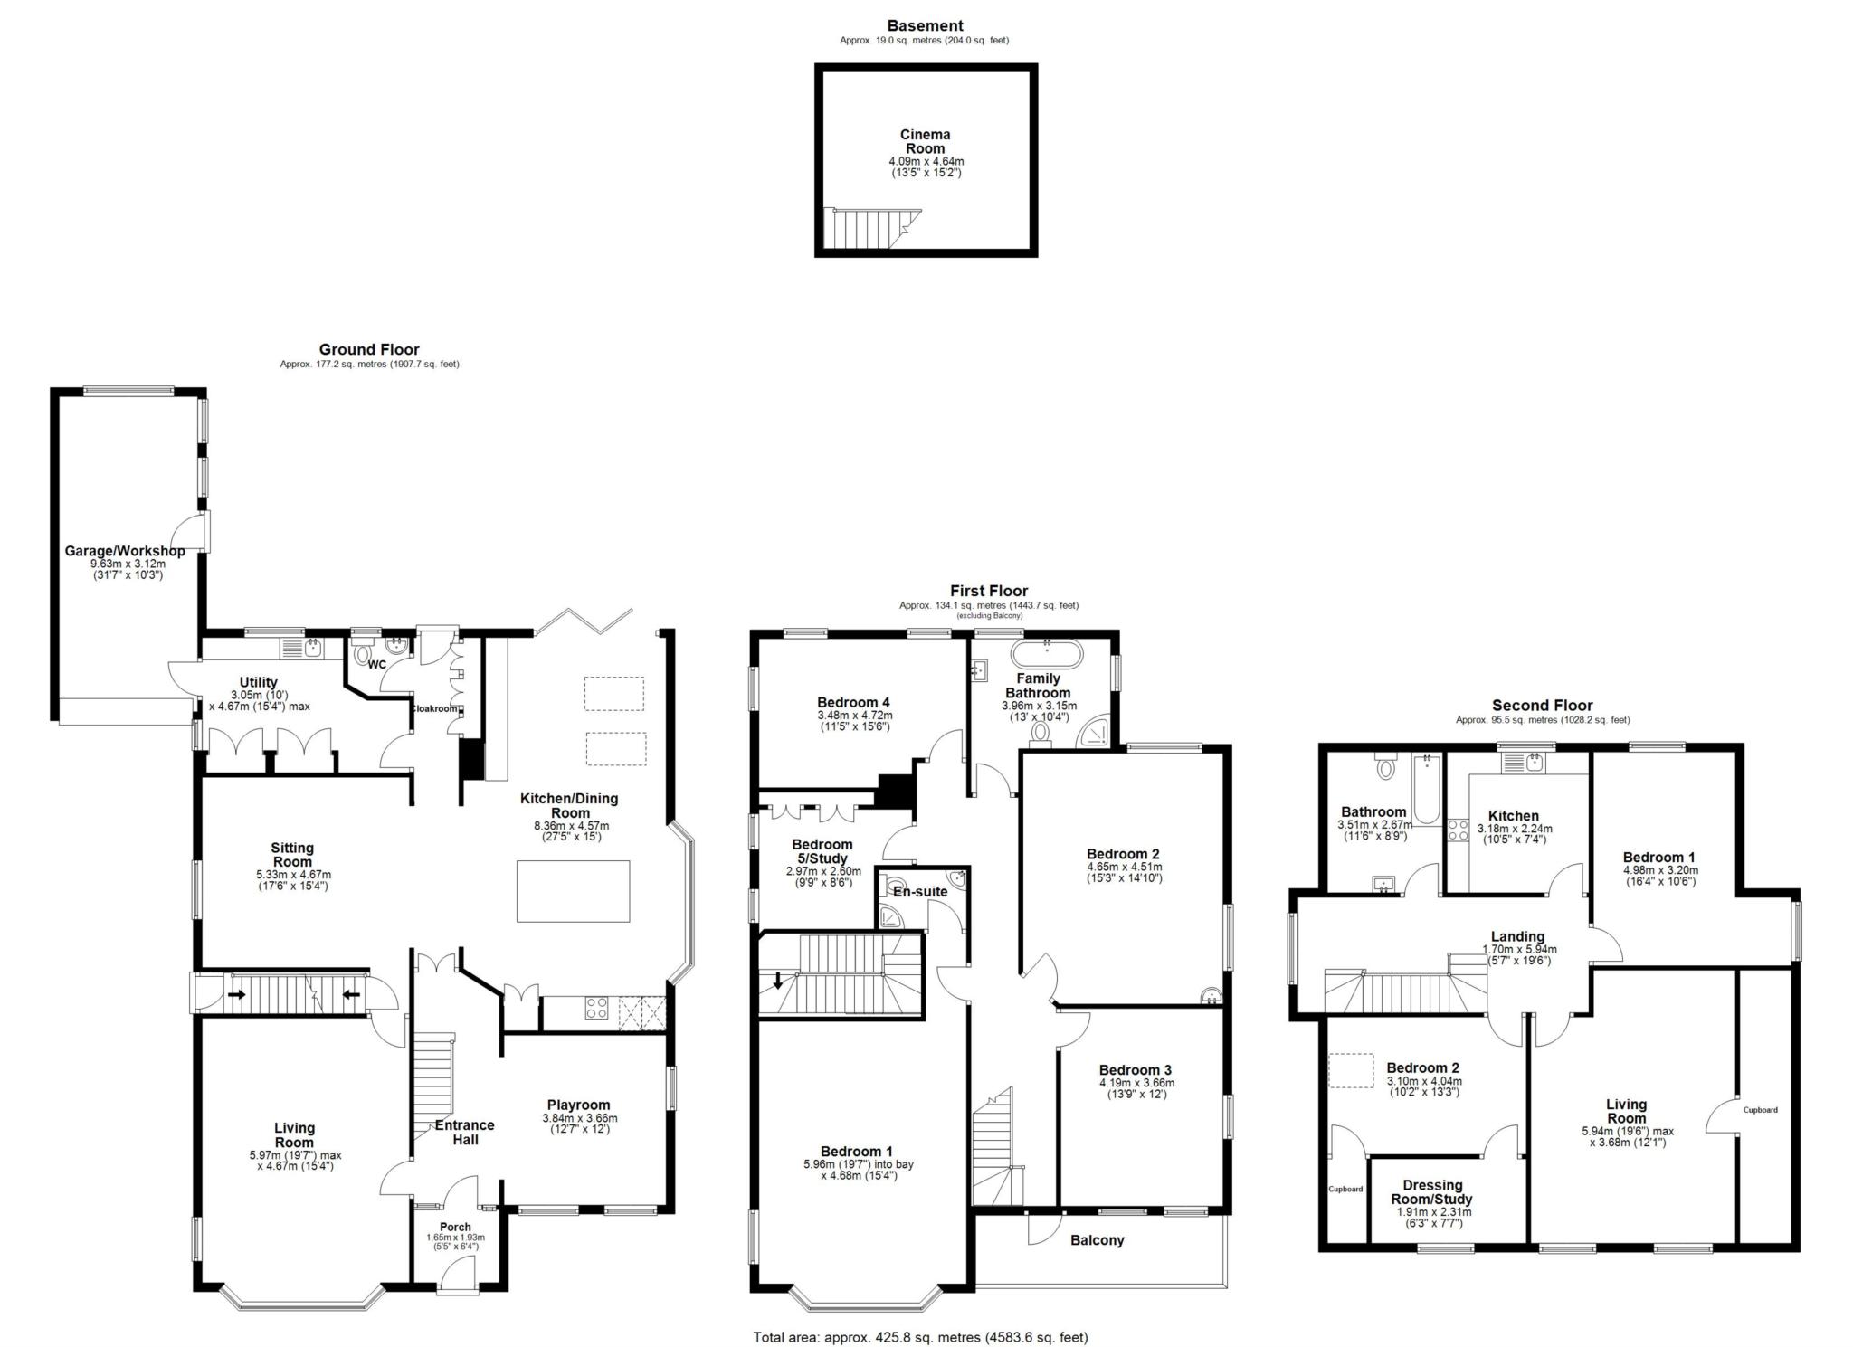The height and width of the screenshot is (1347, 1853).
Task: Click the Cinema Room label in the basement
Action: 925,142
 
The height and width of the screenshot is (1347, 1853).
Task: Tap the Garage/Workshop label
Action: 125,551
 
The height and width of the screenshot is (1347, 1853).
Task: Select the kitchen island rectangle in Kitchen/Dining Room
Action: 573,891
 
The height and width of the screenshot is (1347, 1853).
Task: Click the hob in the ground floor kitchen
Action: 596,1008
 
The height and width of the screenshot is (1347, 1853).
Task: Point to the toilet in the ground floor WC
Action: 364,654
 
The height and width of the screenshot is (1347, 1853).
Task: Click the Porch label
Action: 455,1227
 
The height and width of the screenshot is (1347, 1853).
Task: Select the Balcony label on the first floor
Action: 1097,1239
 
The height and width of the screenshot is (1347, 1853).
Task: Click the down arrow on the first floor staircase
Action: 778,981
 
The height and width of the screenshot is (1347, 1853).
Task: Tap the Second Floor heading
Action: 1542,706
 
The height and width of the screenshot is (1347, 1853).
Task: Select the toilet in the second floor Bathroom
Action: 1385,768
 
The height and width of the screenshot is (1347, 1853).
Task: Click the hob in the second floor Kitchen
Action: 1458,830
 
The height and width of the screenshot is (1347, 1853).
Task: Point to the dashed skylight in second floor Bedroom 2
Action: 1350,1071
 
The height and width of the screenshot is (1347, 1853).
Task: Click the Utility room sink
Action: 312,647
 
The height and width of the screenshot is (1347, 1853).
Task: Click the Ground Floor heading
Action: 369,349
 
